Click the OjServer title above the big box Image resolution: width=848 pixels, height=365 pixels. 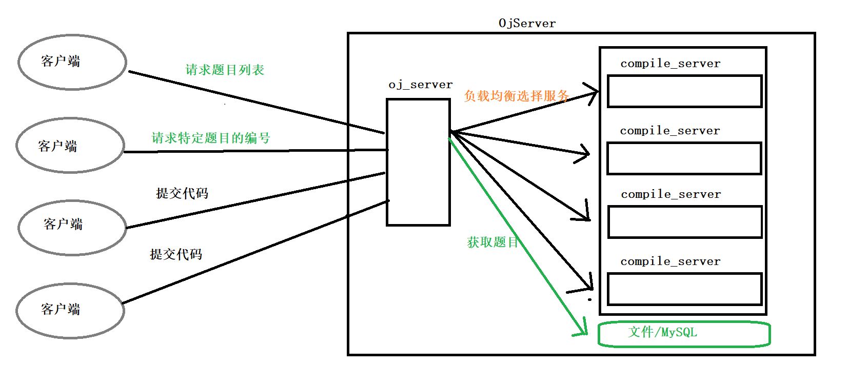527,24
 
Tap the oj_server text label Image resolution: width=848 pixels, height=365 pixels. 420,85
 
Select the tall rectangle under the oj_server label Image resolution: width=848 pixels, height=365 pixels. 418,162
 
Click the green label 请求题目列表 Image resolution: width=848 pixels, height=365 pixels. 225,70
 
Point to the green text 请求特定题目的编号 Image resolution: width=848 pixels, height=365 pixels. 210,138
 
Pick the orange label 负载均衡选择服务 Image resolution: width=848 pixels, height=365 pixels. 516,96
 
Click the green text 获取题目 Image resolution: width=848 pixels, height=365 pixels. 492,242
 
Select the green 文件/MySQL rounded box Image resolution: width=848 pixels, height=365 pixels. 684,334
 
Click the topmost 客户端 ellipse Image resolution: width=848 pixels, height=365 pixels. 72,62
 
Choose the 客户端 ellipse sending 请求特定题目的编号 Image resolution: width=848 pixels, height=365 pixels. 70,146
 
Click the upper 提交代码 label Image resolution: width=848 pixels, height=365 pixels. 182,193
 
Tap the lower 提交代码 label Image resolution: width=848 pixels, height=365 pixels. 175,254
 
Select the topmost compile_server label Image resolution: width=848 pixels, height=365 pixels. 670,64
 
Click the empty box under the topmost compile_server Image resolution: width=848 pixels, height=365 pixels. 684,91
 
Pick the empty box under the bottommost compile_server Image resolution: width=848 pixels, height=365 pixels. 684,289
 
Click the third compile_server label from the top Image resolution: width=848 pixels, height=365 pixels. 670,194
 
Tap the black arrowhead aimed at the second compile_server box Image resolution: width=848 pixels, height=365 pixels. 584,153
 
